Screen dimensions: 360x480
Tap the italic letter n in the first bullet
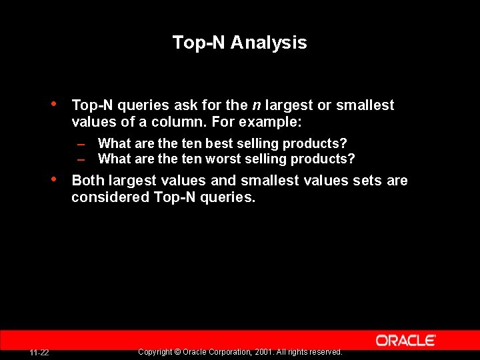pos(256,105)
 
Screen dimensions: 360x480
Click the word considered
pos(111,198)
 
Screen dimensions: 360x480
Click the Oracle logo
pos(405,340)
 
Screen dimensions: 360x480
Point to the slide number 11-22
pos(39,353)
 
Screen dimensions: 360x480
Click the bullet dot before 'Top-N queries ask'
pos(53,104)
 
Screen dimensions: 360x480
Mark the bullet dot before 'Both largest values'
pos(53,179)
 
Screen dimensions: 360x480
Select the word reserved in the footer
pos(325,352)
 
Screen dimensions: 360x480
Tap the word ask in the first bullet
pos(187,105)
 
